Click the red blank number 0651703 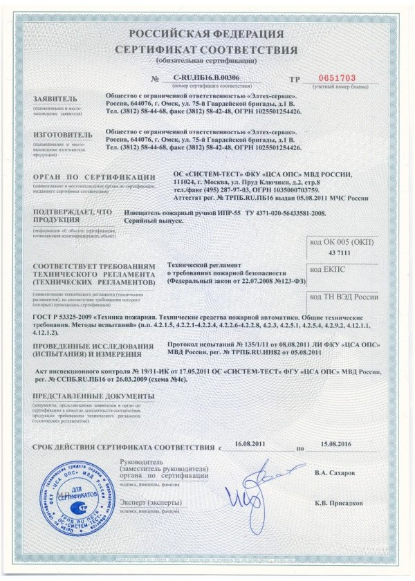click(x=335, y=78)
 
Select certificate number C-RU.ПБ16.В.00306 click(x=202, y=80)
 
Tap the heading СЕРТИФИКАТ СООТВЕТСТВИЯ click(x=207, y=50)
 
